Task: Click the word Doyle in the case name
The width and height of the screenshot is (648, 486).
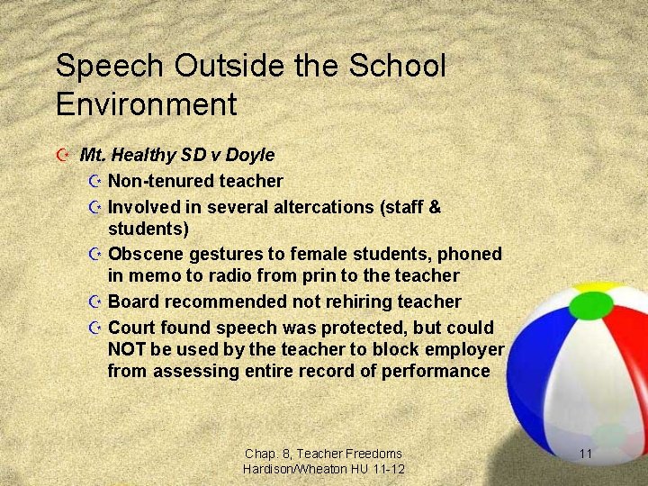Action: tap(252, 156)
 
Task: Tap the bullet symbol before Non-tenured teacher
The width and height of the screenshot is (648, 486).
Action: tap(96, 182)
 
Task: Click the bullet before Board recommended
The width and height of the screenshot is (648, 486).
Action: tap(96, 301)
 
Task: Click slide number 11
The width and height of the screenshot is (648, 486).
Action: tap(585, 454)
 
